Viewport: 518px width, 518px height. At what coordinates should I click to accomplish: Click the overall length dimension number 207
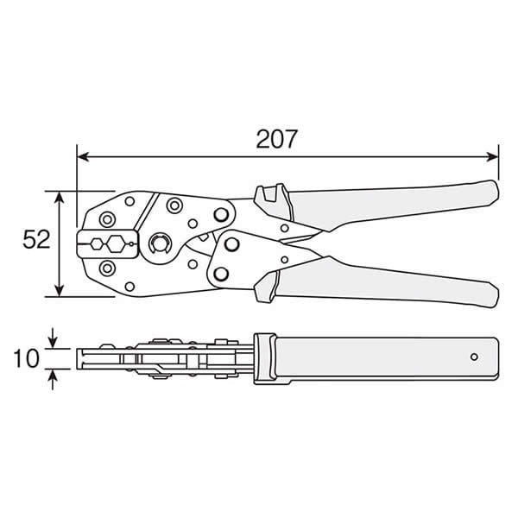click(x=276, y=139)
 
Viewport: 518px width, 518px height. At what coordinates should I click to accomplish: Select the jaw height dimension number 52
click(x=36, y=239)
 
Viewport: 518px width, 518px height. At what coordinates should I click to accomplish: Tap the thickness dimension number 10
click(x=27, y=358)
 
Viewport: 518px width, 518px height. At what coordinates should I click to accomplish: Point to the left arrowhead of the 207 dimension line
click(x=83, y=157)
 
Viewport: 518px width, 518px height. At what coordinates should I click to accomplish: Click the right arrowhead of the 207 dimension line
click(x=492, y=157)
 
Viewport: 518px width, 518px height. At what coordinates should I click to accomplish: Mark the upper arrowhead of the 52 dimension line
click(x=59, y=198)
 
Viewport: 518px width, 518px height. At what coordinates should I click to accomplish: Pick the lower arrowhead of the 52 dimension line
click(x=59, y=290)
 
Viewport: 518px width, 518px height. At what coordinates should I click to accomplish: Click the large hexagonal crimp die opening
click(x=116, y=244)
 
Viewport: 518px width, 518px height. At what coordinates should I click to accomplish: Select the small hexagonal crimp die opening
click(x=97, y=244)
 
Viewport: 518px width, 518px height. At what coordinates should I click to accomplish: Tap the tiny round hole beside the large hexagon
click(x=131, y=244)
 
